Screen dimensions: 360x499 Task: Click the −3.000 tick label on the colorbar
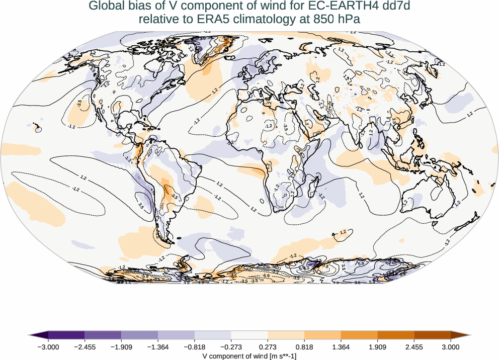(x=48, y=347)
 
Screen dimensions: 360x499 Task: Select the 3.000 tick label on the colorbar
(x=451, y=347)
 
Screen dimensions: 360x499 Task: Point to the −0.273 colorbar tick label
(x=231, y=347)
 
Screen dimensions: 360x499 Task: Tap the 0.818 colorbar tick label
(x=304, y=347)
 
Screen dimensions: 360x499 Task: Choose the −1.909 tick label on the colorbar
(x=121, y=347)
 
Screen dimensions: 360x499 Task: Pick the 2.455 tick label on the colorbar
(x=414, y=347)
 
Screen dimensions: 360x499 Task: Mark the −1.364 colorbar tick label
(x=158, y=347)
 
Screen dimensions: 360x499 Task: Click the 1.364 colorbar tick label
(x=341, y=347)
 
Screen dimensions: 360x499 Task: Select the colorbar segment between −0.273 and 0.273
(x=249, y=335)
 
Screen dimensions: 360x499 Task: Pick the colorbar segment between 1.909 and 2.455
(x=396, y=335)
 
